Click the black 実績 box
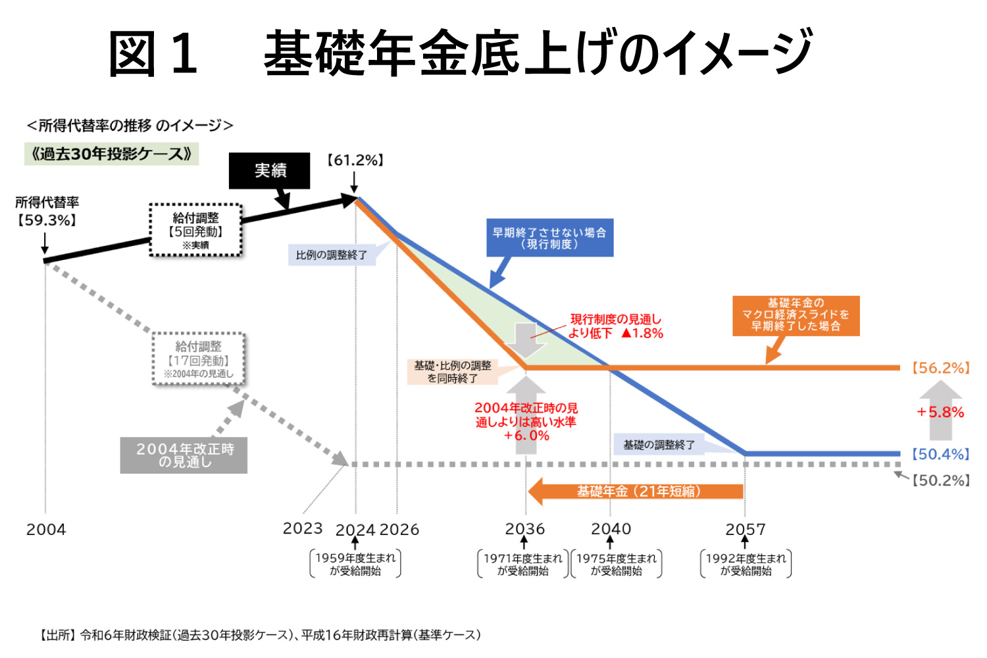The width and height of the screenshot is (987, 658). tap(269, 171)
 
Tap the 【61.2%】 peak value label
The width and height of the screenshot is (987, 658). tap(355, 161)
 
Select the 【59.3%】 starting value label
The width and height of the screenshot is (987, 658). tap(46, 220)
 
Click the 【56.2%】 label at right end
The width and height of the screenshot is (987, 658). tap(940, 368)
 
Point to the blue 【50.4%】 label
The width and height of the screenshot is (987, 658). tap(940, 454)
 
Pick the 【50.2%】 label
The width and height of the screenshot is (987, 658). tap(941, 480)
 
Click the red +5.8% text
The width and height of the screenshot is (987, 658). tap(940, 413)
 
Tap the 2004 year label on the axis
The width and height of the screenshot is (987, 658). tap(46, 530)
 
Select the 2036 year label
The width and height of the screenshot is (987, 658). tap(525, 529)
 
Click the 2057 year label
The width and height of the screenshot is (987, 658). tap(746, 530)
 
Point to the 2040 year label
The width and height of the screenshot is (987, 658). tap(611, 529)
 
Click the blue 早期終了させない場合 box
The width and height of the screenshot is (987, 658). tap(549, 238)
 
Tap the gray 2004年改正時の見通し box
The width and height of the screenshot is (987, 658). tap(184, 455)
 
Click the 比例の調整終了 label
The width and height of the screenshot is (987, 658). tap(332, 255)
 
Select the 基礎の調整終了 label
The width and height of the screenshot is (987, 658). tap(659, 445)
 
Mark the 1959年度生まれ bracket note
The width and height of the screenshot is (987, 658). tap(355, 565)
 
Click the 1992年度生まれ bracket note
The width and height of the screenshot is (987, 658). tap(746, 565)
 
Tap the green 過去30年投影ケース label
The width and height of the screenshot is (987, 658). tap(111, 154)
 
